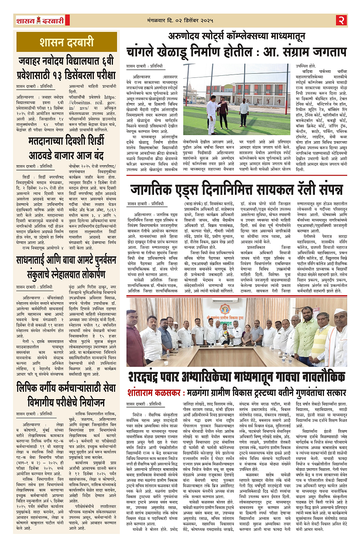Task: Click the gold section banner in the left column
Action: point(67,42)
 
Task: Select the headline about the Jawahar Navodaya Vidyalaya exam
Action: point(67,69)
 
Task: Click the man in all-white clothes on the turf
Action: point(211,116)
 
